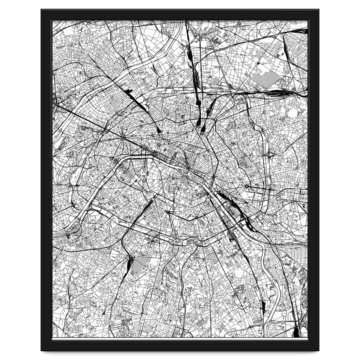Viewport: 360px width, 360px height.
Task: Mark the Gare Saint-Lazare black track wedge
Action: click(x=158, y=130)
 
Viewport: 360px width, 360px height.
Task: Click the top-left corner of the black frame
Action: click(x=41, y=10)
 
